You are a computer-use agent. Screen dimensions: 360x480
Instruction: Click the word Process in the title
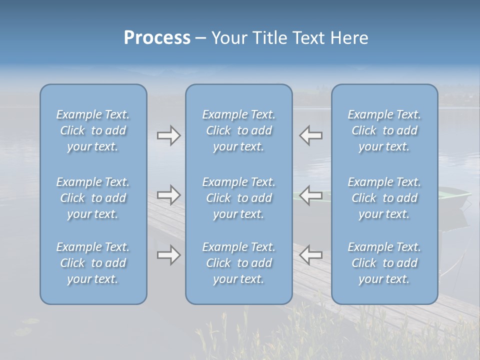click(157, 38)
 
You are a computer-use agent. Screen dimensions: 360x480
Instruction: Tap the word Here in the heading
click(349, 38)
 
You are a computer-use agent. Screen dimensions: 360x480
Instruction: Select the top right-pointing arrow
click(168, 135)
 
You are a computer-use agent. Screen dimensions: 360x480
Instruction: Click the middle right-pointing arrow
click(168, 195)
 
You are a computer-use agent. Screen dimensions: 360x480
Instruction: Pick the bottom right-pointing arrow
click(168, 255)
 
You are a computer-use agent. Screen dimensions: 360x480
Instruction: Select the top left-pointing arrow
click(311, 135)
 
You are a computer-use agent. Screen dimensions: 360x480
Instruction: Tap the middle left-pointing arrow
click(311, 195)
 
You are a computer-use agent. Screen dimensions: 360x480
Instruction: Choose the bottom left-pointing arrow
click(311, 255)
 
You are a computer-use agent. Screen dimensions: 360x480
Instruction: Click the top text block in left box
click(93, 130)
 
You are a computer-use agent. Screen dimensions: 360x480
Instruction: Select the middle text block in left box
click(93, 198)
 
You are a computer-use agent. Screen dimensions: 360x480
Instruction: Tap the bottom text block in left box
click(93, 263)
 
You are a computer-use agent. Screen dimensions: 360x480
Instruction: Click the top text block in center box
click(238, 130)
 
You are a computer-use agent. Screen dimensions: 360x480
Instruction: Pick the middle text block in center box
click(238, 198)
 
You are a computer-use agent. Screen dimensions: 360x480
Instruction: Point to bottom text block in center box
click(238, 263)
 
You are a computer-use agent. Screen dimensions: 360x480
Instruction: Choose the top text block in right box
click(384, 130)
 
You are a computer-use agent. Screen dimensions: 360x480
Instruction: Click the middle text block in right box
click(384, 198)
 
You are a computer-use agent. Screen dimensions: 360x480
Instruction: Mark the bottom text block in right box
click(384, 263)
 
